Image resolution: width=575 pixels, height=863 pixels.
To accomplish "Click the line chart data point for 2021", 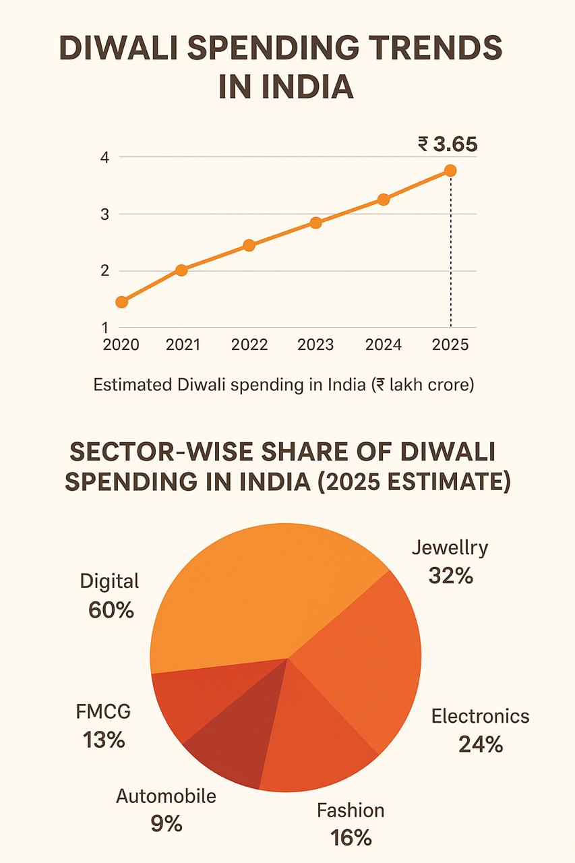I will click(181, 270).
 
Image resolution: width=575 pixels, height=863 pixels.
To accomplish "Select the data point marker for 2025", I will click(450, 171).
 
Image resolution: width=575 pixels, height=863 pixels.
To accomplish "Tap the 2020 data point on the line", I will click(121, 302).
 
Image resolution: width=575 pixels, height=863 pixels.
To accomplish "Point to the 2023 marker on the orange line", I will click(315, 223).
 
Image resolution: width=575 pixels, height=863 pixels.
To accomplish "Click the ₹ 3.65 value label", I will click(448, 144).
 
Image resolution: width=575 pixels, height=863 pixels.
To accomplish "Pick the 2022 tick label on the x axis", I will click(249, 345).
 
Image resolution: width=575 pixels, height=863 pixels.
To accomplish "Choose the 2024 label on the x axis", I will click(383, 345).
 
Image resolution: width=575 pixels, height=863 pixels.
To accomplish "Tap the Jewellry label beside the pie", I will click(450, 547).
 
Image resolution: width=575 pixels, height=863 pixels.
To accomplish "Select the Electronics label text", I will click(480, 716).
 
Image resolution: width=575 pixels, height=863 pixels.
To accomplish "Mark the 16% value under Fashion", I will click(351, 837).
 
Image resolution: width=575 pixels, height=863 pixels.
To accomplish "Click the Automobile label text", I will click(166, 796).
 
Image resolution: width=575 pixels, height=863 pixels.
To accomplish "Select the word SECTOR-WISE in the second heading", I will click(162, 452).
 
